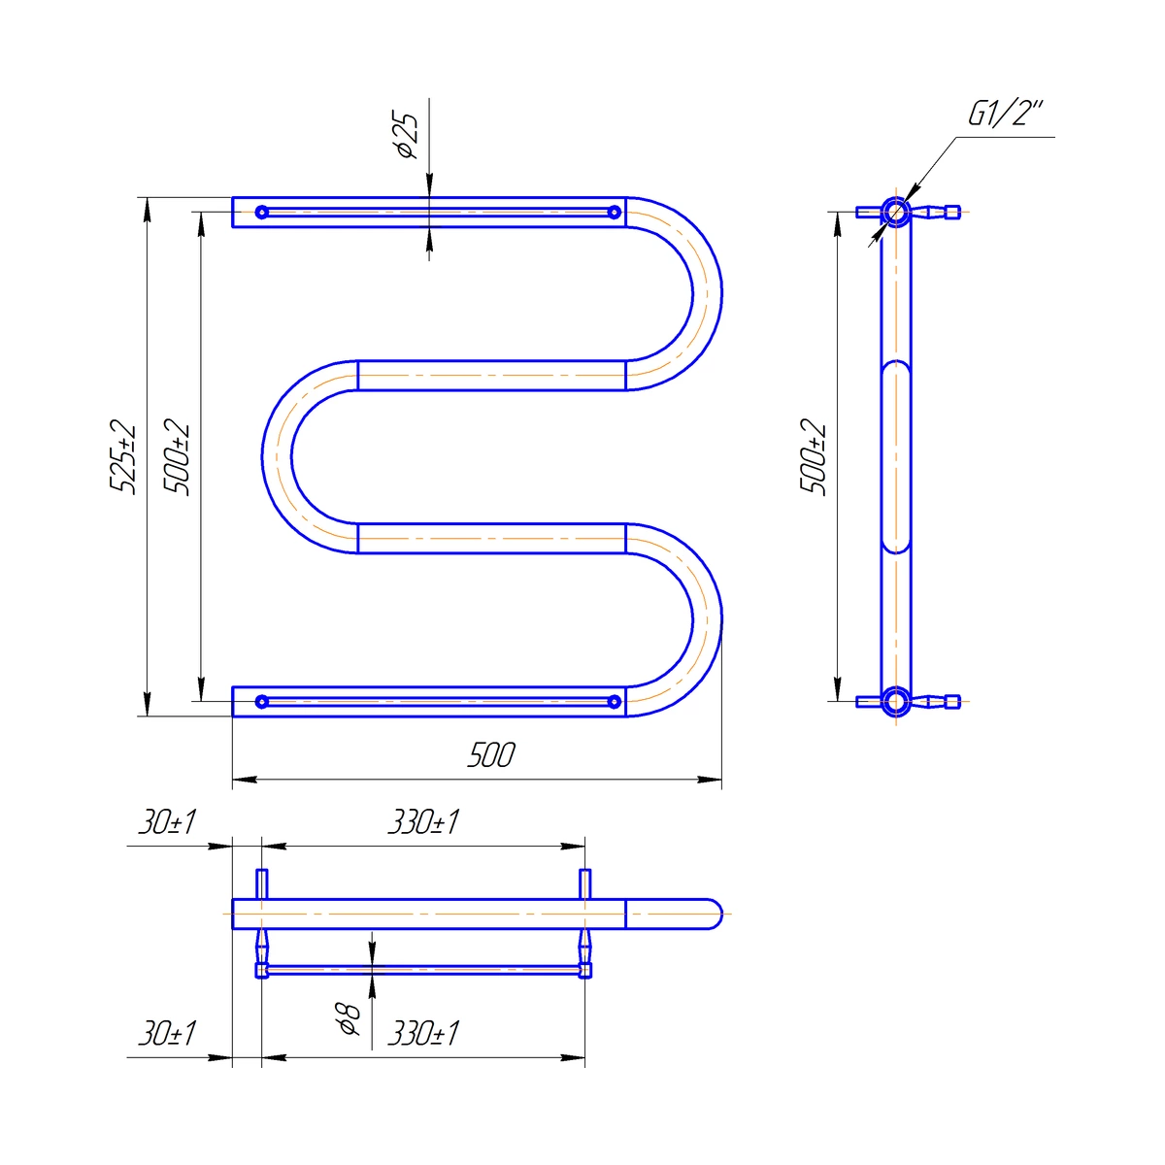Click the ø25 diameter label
coord(408,135)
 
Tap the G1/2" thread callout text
coord(1006,114)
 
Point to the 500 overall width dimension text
coord(491,755)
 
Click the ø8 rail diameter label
coord(350,1017)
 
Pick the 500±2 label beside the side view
coord(813,457)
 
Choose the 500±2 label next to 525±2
coord(177,457)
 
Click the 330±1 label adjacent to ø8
coord(423,1033)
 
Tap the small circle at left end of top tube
coord(262,213)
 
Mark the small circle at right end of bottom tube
coord(615,702)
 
